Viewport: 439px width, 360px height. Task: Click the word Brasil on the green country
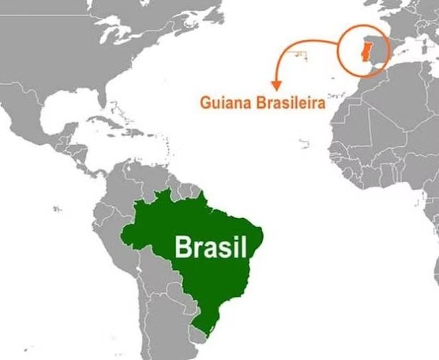210,246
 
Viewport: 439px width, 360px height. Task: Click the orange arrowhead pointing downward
277,86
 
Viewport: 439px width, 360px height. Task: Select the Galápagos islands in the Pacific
57,209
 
